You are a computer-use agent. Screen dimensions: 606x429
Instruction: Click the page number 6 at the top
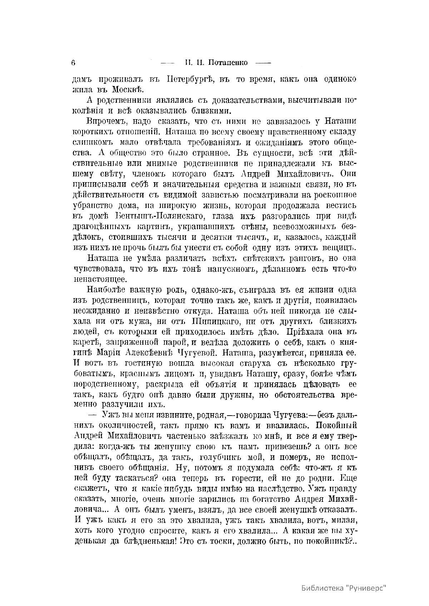coord(73,62)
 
